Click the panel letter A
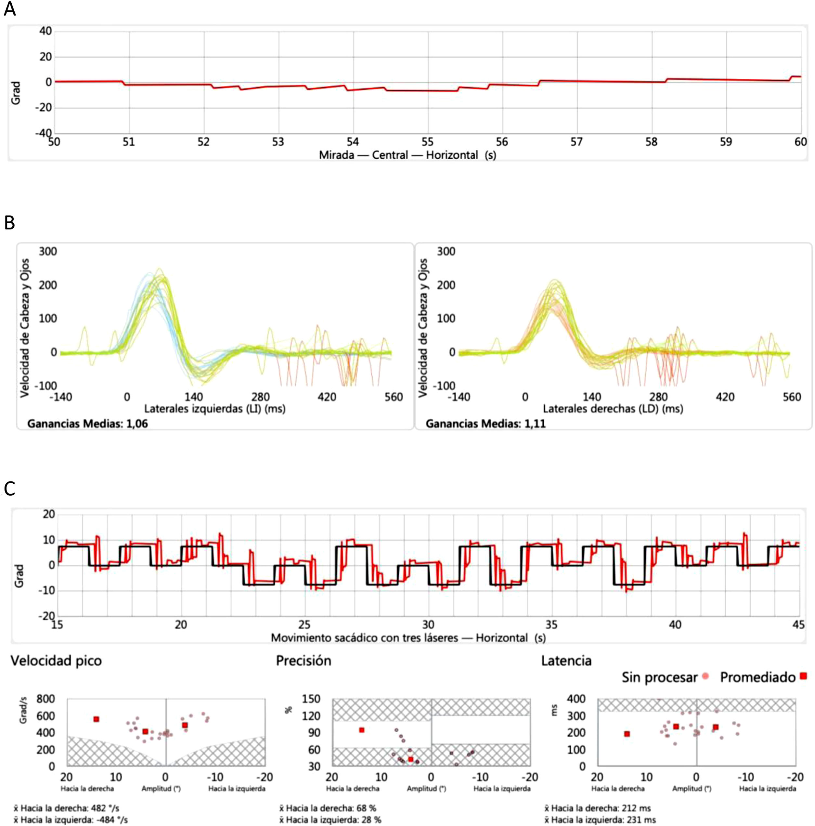coord(9,8)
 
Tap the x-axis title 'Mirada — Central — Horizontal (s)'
coord(407,155)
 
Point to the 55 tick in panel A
coord(427,142)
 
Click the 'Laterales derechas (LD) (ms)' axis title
coord(613,409)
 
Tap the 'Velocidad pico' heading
coord(56,661)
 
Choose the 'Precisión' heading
coord(304,661)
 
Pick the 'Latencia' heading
coord(566,661)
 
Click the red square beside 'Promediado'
coord(803,676)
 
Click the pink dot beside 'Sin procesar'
coord(705,676)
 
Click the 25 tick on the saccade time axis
coord(304,625)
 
